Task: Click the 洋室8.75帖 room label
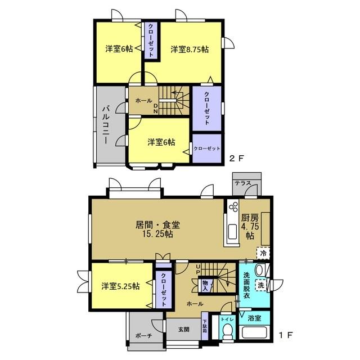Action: coord(190,49)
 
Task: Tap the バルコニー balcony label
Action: coord(106,124)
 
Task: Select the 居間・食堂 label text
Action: coord(157,225)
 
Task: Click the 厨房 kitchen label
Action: coord(250,218)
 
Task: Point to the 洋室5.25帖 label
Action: coord(120,286)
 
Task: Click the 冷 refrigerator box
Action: coord(263,253)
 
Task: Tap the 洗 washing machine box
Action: coord(261,285)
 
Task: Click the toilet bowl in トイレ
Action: coord(227,332)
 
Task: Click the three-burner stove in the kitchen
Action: coord(233,206)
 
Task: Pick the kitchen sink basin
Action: coord(233,232)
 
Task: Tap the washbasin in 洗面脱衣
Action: coord(260,270)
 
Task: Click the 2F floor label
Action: coord(236,159)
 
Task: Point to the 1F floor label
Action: coord(285,335)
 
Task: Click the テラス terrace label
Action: coord(242,183)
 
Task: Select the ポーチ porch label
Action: coord(144,336)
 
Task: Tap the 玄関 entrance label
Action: coord(184,330)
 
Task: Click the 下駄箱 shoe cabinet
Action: coord(205,326)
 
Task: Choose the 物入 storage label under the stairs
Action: coord(205,286)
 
